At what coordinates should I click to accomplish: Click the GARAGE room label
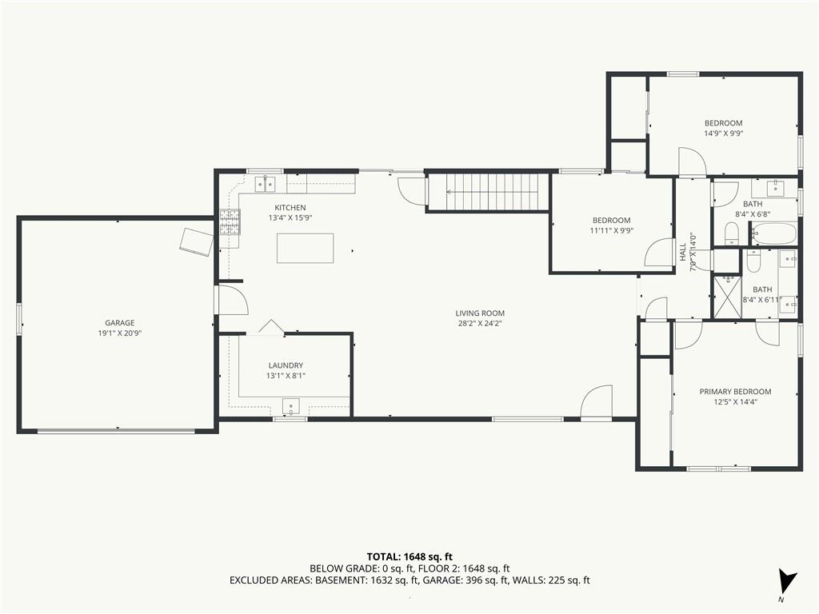[120, 323]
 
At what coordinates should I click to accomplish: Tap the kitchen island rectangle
[305, 248]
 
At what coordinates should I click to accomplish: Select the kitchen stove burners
[230, 221]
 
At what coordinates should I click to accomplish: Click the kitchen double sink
[266, 184]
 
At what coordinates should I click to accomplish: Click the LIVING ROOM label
[480, 313]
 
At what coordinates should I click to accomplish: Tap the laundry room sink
[291, 405]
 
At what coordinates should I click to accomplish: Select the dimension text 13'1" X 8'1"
[286, 376]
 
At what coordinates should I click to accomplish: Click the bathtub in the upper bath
[773, 233]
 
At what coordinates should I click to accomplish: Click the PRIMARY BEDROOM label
[736, 392]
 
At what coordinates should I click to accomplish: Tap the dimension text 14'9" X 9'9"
[723, 134]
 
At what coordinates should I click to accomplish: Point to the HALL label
[683, 252]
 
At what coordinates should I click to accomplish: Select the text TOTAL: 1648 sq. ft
[406, 556]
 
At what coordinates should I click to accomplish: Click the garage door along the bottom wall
[116, 431]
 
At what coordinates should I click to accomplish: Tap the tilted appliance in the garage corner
[196, 241]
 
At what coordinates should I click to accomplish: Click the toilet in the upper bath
[732, 233]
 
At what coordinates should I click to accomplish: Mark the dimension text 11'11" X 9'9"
[612, 230]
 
